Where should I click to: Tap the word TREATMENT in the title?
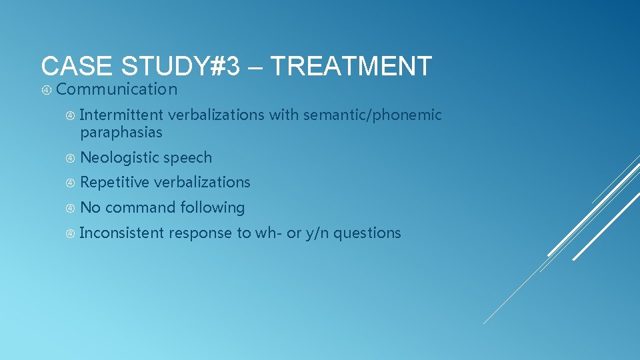pos(351,67)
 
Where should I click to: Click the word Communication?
pos(121,89)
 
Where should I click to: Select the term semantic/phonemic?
pos(372,115)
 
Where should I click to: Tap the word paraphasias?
pos(121,133)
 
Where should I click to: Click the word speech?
pos(187,158)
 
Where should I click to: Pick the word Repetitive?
pos(114,182)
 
